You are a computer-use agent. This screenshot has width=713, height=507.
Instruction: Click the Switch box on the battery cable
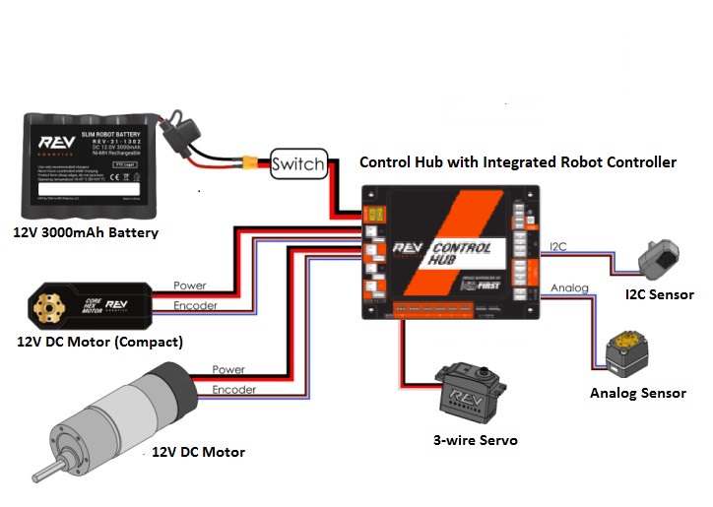tap(296, 163)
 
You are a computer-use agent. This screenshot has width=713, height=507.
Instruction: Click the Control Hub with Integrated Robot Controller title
tap(517, 162)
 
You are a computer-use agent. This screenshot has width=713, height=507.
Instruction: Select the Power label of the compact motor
tap(189, 286)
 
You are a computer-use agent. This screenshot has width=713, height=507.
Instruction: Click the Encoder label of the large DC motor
tap(233, 390)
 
